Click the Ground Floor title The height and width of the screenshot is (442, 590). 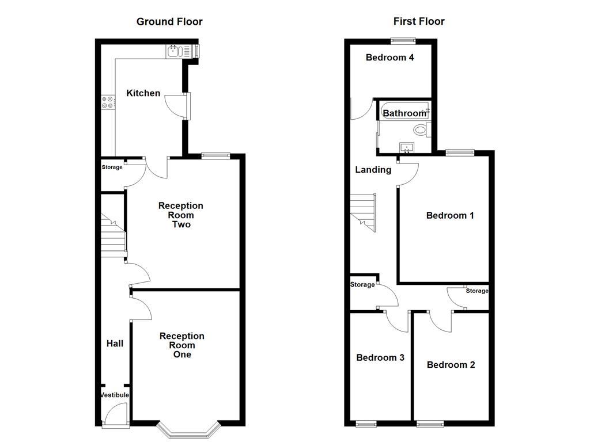click(x=169, y=22)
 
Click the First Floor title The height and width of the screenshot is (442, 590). click(x=419, y=22)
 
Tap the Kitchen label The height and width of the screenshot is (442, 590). click(x=143, y=93)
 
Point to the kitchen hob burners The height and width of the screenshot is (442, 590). click(x=108, y=102)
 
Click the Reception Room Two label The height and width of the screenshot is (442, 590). click(x=181, y=215)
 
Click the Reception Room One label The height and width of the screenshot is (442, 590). click(x=181, y=345)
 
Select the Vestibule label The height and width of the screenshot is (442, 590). click(x=115, y=395)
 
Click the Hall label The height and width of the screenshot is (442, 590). click(x=115, y=344)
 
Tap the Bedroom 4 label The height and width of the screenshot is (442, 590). click(x=390, y=58)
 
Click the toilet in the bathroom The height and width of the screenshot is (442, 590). click(x=421, y=129)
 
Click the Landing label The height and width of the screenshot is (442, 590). click(x=373, y=170)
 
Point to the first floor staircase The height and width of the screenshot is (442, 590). click(x=363, y=210)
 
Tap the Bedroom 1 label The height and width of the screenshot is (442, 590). click(x=450, y=215)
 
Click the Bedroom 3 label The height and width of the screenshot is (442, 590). click(x=380, y=357)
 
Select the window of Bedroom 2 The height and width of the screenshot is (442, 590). click(x=427, y=425)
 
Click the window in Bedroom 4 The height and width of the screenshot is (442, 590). click(x=403, y=40)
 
